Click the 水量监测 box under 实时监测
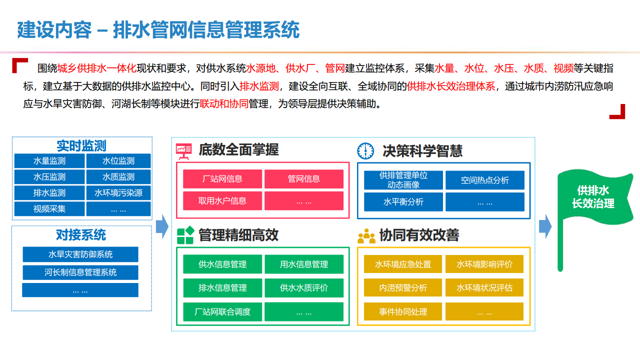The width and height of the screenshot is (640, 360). coord(49,161)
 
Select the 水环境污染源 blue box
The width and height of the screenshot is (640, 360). coord(118,193)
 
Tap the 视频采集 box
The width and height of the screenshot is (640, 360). coord(49,209)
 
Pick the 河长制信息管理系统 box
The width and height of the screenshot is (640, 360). coord(80,272)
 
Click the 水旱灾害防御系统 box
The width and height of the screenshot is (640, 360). coord(80,254)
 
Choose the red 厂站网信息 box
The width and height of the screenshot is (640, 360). coord(222,179)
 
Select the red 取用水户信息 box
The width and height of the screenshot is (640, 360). coord(222,201)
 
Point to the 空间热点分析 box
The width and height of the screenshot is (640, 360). coord(485,180)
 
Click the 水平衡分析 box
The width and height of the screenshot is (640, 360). coord(403,202)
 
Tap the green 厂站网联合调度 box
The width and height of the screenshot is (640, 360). coord(222,312)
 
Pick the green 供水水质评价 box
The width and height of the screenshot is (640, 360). coord(304,288)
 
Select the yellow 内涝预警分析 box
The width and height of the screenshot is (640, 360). coord(403,288)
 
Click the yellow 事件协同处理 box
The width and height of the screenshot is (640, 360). coord(403,312)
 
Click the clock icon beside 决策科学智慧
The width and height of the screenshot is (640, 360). coord(366,150)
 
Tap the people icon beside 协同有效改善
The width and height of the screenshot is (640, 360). coord(366,235)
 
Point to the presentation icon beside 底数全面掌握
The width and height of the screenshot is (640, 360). coord(184,150)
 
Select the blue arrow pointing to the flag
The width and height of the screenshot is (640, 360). coord(545,226)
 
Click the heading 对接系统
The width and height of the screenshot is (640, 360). coord(81,235)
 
